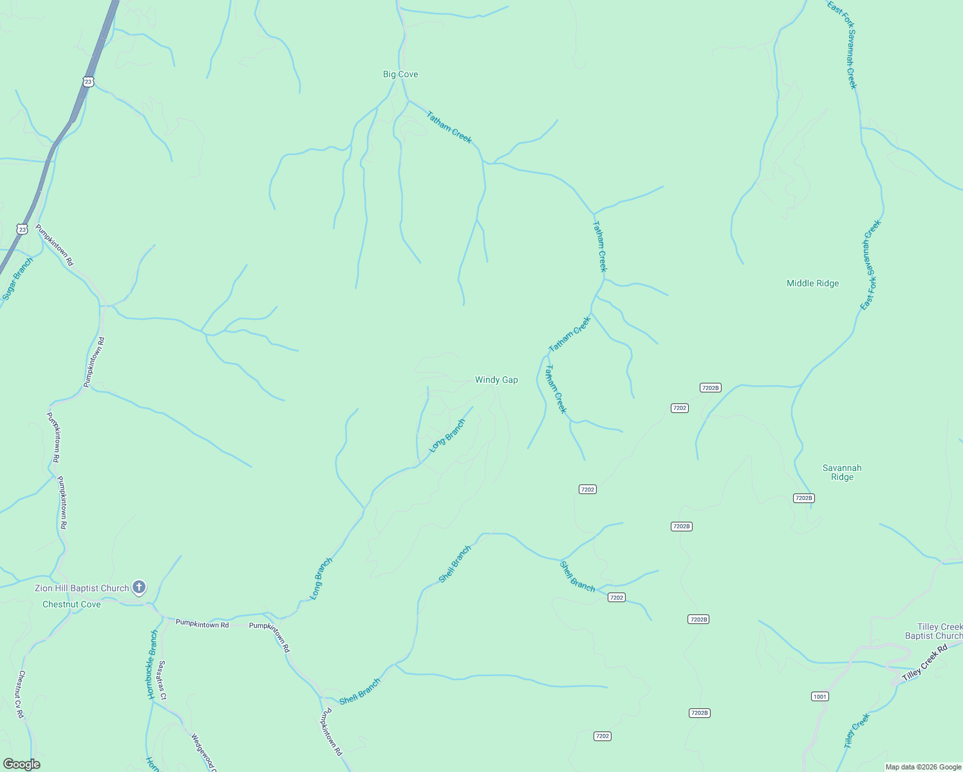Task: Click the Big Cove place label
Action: click(400, 74)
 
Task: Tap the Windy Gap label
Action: click(496, 380)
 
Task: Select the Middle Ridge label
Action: click(812, 283)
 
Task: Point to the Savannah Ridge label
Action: click(842, 472)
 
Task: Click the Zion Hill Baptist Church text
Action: click(82, 588)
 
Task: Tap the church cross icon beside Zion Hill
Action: click(138, 587)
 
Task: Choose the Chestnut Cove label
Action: click(71, 604)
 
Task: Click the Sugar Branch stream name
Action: click(17, 279)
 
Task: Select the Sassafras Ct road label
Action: click(163, 680)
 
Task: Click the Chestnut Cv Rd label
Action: click(21, 694)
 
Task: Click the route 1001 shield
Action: click(819, 696)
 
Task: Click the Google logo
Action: click(22, 764)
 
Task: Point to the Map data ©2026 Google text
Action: click(923, 767)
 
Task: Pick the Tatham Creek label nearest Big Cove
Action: click(449, 127)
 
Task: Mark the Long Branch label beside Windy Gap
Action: click(447, 436)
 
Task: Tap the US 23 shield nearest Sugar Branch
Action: click(23, 229)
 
